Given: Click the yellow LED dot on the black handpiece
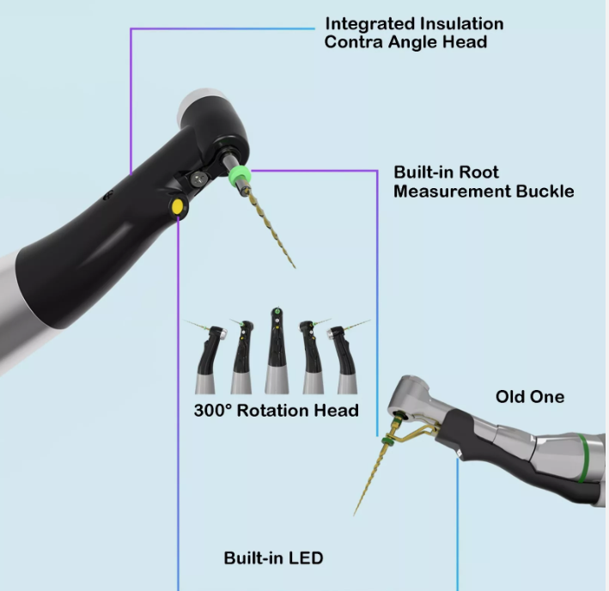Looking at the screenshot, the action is (x=177, y=206).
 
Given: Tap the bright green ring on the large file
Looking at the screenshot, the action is (x=240, y=175).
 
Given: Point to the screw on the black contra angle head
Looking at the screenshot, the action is (x=198, y=178).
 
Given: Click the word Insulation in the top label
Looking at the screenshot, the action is (x=462, y=24).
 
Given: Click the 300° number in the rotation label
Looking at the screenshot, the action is (x=212, y=411).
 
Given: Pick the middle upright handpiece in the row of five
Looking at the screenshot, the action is (x=277, y=351).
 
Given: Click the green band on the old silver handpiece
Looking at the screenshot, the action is (x=583, y=458).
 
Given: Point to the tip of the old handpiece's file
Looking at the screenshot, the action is (x=354, y=515).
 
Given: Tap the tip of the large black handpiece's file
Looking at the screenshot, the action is (x=295, y=267).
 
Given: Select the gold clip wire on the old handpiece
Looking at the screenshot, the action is (x=418, y=432).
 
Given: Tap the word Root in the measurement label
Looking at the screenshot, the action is (x=480, y=172).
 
